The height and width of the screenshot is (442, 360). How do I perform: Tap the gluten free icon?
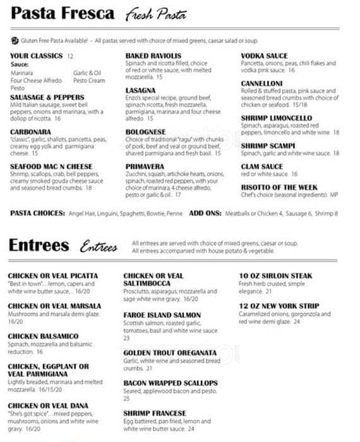[15, 40]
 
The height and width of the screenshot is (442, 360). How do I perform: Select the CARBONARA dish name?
[31, 132]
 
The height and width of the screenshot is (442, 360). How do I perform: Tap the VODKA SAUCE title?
[264, 56]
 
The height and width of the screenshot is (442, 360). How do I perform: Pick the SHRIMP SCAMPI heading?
[272, 145]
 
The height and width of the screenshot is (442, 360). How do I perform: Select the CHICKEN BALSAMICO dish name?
[43, 336]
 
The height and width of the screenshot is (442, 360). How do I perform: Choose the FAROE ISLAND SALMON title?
[162, 315]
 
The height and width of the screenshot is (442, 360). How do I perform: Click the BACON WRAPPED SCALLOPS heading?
[170, 383]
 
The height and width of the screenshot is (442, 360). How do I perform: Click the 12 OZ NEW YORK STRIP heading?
[279, 306]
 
